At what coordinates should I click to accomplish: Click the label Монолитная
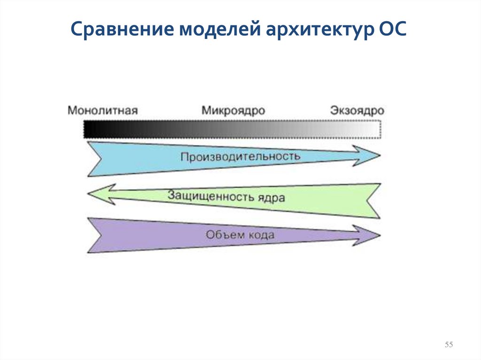(x=102, y=111)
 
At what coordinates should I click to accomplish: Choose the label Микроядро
(x=233, y=111)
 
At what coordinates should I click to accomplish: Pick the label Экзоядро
(x=357, y=111)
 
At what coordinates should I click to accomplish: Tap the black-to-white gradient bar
(x=232, y=129)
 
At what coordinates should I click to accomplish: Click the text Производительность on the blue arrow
(x=240, y=156)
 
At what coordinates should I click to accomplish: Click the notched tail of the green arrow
(x=373, y=200)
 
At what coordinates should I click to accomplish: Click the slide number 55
(x=449, y=345)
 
